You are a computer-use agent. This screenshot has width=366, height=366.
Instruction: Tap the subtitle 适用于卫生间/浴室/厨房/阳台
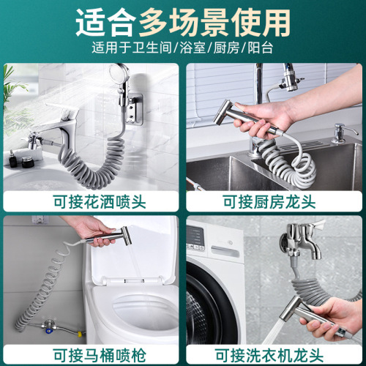point(183,50)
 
